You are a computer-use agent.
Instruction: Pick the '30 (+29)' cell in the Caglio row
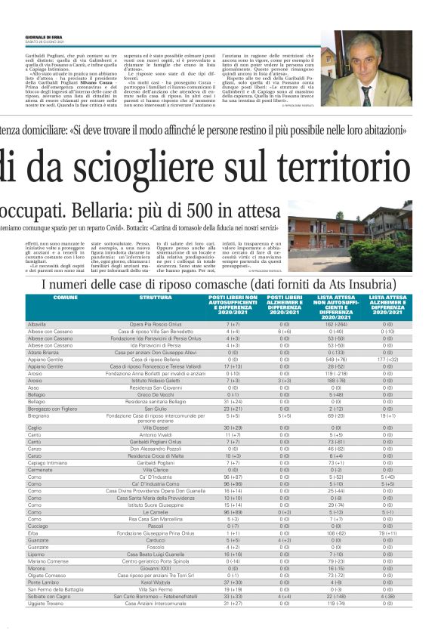pos(233,428)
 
